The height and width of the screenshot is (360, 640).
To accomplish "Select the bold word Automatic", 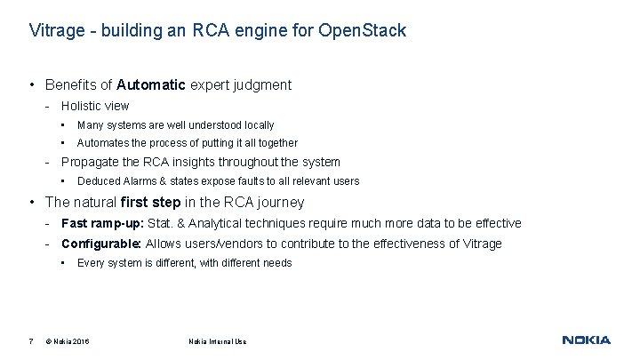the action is (x=150, y=85).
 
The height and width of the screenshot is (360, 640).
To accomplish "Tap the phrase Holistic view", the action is (x=95, y=106).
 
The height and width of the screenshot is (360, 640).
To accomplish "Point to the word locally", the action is (x=254, y=125).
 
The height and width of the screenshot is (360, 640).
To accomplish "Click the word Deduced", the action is (x=99, y=181).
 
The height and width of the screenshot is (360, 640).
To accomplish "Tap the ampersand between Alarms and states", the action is (x=163, y=181).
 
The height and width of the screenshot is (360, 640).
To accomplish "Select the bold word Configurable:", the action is (x=101, y=244).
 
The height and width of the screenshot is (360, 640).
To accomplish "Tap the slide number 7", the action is (x=31, y=341).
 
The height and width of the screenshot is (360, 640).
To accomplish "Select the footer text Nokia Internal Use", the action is (x=218, y=341).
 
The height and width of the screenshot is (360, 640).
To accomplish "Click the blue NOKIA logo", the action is (x=587, y=340).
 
